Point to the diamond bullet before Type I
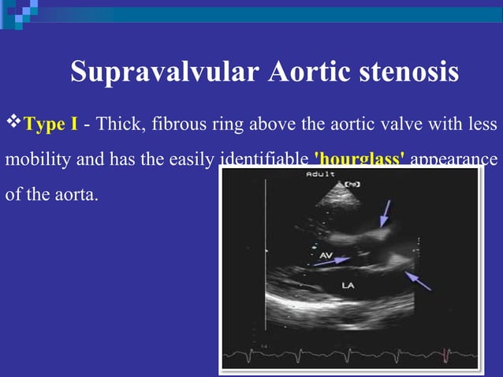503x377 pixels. coord(13,123)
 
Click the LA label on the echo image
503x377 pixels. coord(348,286)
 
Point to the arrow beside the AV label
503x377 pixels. coord(331,263)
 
